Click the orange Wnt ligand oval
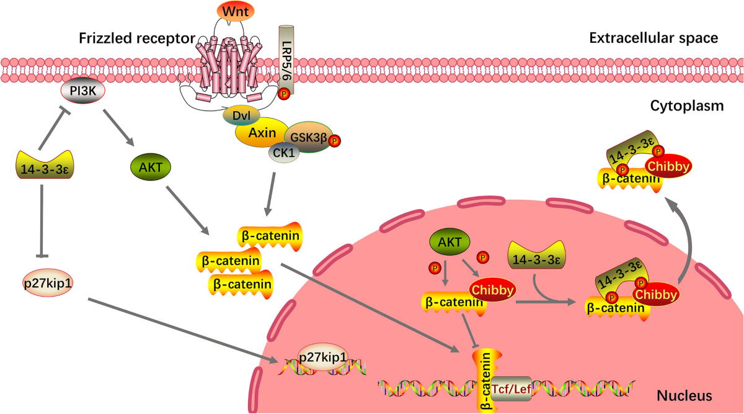coord(236,11)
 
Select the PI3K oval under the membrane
coord(82,91)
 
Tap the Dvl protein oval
coord(241,115)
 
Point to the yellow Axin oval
coord(262,133)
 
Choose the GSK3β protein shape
coord(309,137)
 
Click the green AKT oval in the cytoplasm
coord(151,167)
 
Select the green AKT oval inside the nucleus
coord(449,242)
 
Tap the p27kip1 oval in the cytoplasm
coord(48,283)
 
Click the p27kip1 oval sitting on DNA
coord(323,357)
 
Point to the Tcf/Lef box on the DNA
coord(511,389)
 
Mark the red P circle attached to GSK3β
coord(334,141)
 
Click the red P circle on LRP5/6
coord(284,94)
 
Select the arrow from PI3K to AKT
coord(118,128)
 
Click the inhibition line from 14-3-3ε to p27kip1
coord(42,221)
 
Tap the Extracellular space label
coord(653,38)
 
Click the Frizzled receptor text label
coord(137,38)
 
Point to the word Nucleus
coord(684,396)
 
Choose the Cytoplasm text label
coord(687,106)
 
